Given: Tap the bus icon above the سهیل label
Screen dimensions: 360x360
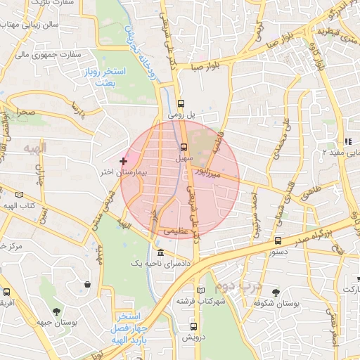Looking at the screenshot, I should point(184,147).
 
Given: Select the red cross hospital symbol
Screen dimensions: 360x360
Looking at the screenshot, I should point(124,161).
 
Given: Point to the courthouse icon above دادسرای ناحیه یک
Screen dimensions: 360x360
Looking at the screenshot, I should point(161,252).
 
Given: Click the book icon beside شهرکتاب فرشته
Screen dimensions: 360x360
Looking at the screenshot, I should point(201,290).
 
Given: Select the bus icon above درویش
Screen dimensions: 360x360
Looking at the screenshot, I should point(193,326).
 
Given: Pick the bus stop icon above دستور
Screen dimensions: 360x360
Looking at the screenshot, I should point(278,240).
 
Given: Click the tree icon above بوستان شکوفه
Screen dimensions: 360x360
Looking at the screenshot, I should point(275,292).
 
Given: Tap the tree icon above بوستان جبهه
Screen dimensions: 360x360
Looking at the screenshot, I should point(56,311).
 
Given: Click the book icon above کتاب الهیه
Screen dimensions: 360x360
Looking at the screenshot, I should point(19,194).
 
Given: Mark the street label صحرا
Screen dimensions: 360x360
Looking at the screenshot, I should point(27,112).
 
